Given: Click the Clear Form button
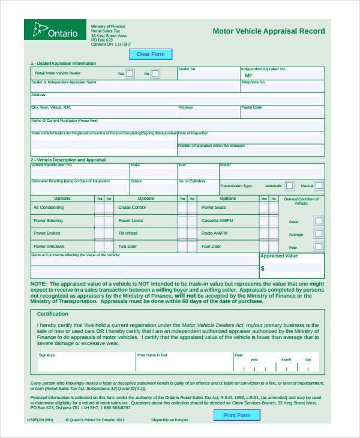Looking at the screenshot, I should point(151,54).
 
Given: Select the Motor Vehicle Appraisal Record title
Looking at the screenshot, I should point(268,31).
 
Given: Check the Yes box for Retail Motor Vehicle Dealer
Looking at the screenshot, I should point(130,74).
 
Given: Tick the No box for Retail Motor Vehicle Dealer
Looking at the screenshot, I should point(155,74).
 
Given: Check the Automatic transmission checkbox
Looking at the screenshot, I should point(289,186).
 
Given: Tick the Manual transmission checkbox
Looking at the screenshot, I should point(319,186).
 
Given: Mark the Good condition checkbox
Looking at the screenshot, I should point(319,221).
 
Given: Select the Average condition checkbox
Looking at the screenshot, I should point(319,235).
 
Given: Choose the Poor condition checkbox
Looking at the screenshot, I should point(319,247).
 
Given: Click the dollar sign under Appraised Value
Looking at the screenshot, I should point(263,268).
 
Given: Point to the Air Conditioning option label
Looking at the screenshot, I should point(49,208).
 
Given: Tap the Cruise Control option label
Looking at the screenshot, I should point(132,208).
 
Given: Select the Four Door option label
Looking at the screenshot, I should point(211,247).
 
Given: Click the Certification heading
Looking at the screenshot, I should point(53,314).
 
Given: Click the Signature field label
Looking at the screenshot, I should point(47,355).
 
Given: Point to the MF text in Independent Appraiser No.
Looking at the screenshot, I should point(248,76).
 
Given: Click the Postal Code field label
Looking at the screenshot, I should point(252,107).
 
